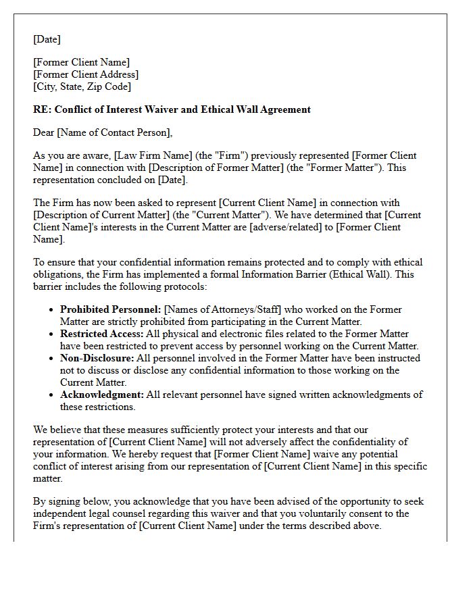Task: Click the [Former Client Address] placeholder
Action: point(86,74)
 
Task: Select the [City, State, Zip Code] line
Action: point(82,86)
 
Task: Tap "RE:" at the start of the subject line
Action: point(42,109)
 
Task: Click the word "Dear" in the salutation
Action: point(44,132)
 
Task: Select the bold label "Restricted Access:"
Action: point(101,334)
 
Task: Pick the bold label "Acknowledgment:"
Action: point(102,395)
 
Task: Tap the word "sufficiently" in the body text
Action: point(218,430)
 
